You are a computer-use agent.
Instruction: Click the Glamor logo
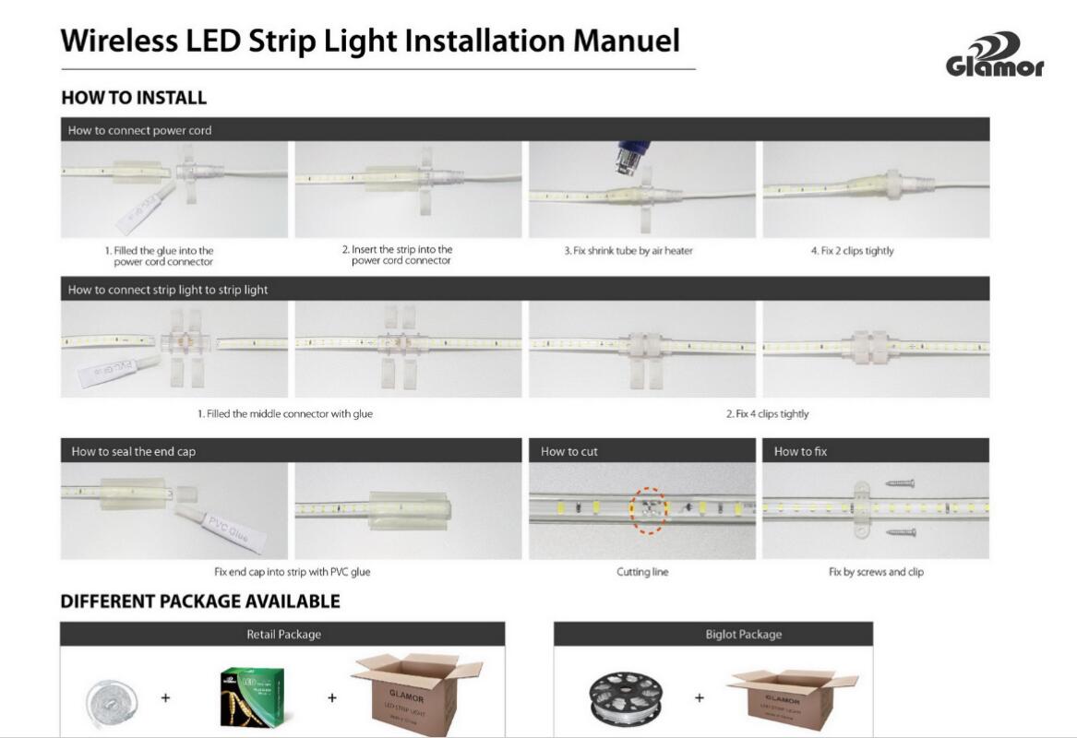[995, 54]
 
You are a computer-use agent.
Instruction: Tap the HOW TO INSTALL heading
[134, 98]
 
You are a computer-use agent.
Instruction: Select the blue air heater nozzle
[631, 157]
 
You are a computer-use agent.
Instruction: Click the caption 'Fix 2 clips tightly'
[853, 251]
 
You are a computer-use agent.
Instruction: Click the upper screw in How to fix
[900, 483]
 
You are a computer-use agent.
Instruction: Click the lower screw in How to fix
[901, 531]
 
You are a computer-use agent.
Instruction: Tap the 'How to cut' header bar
[641, 451]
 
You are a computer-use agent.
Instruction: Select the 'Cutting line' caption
[642, 572]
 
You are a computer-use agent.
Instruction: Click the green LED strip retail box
[252, 697]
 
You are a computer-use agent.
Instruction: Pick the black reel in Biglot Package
[627, 697]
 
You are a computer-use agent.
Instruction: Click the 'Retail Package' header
[283, 635]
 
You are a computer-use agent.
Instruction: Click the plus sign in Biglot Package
[700, 697]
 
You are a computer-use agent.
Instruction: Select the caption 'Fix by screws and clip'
[876, 572]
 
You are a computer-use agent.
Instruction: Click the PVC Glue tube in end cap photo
[221, 527]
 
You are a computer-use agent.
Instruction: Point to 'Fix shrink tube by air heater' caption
[628, 251]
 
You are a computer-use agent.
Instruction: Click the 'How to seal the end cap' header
[133, 451]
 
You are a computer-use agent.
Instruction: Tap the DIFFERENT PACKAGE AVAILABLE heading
[200, 601]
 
